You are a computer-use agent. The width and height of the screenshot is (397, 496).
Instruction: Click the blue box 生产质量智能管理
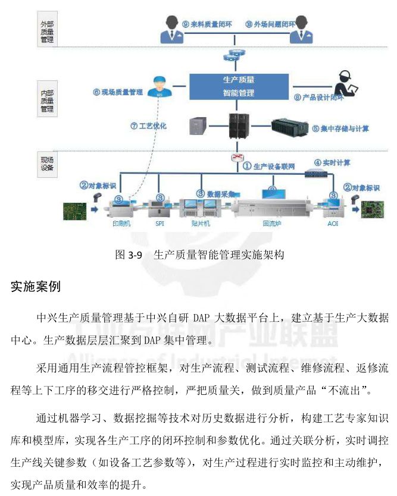coord(239,86)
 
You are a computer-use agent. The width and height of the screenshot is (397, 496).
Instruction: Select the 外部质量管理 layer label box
coord(47,32)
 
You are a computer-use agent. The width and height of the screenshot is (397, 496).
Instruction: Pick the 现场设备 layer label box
coord(47,164)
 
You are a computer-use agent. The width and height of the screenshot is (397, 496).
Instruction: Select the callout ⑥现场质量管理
coord(117,92)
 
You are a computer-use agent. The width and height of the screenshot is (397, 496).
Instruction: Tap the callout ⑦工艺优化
coord(149,126)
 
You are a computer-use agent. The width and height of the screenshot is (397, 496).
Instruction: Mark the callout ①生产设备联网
coord(269,167)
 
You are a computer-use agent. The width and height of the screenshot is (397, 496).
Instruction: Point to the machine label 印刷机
coord(121,224)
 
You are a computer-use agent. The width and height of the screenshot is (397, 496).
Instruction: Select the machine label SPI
coord(160,224)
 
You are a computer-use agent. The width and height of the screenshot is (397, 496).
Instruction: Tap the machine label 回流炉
coord(271,225)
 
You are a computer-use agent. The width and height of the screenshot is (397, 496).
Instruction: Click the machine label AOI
coord(332,225)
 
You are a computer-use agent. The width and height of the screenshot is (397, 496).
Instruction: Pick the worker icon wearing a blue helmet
coord(158,87)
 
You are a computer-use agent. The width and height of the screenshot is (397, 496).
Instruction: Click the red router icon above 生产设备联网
coord(238,158)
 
